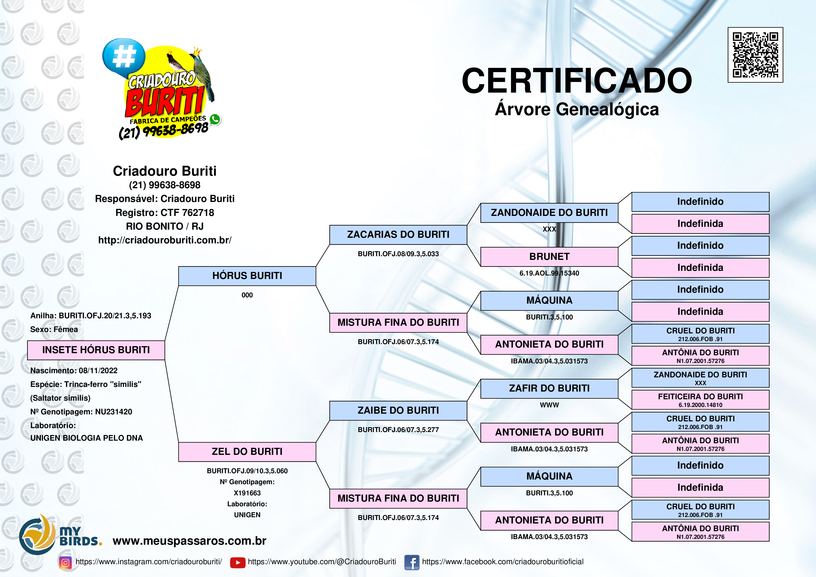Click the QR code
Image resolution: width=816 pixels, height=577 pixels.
[755, 55]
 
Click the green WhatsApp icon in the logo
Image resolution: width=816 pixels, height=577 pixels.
[215, 119]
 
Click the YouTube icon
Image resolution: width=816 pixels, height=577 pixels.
[238, 562]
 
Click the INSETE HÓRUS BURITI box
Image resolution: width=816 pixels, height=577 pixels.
[96, 350]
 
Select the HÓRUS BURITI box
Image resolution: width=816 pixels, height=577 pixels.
[247, 276]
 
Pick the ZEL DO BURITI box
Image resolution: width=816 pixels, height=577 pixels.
[247, 452]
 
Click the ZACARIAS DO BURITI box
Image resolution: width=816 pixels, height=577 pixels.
[398, 235]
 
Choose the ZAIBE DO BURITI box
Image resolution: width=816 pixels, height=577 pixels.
[398, 411]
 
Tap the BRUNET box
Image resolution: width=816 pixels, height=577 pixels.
[549, 257]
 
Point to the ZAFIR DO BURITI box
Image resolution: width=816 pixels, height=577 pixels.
[549, 389]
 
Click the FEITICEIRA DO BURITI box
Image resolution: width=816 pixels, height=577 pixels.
[700, 400]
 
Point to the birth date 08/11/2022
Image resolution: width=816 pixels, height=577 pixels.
[98, 370]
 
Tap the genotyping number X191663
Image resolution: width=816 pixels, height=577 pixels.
[247, 493]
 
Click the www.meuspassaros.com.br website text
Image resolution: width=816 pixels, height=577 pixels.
[189, 541]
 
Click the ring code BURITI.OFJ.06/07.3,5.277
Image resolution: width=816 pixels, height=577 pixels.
[398, 430]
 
